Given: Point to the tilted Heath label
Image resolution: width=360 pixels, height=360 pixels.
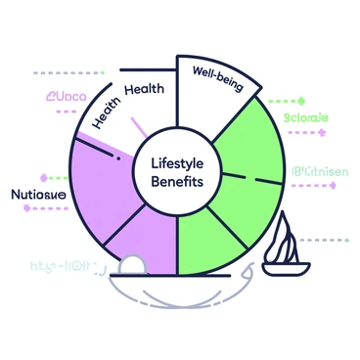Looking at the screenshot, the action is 107,114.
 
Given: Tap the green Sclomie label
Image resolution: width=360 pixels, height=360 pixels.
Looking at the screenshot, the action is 305,118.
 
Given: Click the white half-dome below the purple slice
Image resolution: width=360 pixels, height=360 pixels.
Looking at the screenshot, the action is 130,265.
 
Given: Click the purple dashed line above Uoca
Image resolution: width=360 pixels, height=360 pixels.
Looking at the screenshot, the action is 64,72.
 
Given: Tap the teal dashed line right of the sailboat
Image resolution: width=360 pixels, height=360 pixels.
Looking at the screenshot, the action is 329,238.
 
